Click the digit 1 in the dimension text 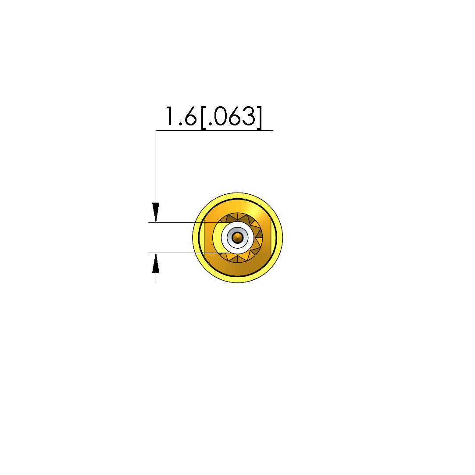pos(170,116)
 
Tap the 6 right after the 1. pos(190,116)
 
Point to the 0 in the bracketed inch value pos(221,116)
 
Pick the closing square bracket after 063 pos(259,118)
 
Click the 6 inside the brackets pos(235,116)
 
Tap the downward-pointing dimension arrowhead pos(156,212)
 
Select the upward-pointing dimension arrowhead pos(156,263)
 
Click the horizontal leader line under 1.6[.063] pos(214,131)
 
